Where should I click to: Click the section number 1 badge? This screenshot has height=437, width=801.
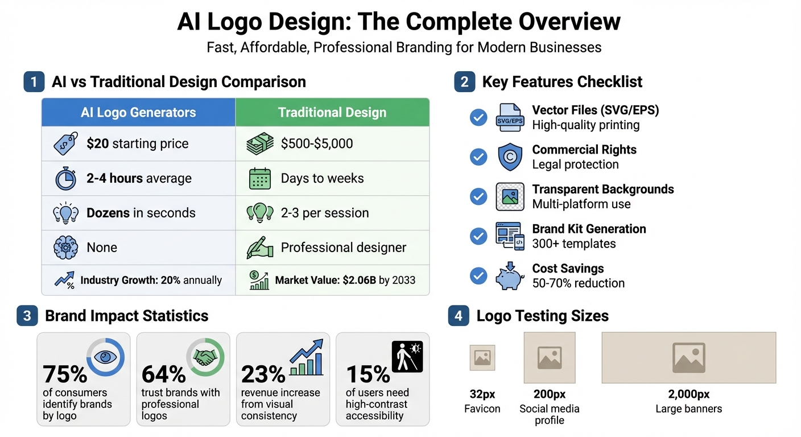point(34,82)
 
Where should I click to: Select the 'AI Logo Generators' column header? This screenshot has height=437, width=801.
point(138,112)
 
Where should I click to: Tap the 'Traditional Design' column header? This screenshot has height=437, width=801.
point(332,112)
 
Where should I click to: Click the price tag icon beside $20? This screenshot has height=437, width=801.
point(65,144)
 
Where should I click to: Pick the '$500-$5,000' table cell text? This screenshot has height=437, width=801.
point(317,143)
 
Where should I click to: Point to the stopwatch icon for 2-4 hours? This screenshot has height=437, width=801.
point(65,179)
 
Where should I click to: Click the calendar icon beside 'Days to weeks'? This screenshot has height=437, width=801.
point(260,179)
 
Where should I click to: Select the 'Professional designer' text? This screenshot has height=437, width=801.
point(344,248)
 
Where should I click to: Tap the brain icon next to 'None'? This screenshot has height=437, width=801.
point(65,248)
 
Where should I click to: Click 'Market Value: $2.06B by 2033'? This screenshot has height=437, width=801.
point(345,280)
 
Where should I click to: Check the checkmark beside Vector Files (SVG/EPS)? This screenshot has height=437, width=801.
point(478,118)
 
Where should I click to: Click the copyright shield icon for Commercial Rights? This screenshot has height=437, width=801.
point(510,157)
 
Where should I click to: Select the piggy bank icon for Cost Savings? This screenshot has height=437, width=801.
point(510,276)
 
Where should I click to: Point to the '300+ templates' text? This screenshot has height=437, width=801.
point(574,244)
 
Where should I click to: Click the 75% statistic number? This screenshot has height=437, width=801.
point(65,374)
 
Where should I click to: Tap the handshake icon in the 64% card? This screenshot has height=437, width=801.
point(205,357)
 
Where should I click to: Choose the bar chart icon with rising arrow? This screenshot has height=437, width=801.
point(306,358)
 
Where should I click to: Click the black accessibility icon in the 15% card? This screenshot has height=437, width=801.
point(407,357)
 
